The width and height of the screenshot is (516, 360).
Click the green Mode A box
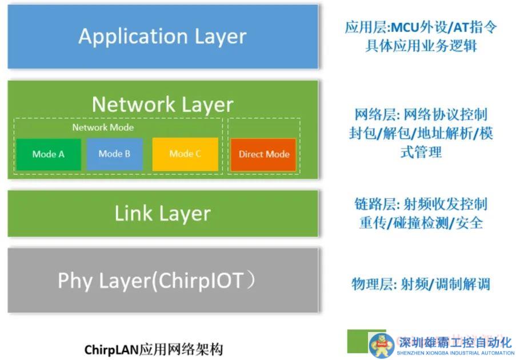[x=48, y=154]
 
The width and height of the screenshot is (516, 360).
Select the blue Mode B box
[x=114, y=154]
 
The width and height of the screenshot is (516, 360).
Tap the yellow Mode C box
[x=185, y=154]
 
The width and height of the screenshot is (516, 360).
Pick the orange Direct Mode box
[x=263, y=154]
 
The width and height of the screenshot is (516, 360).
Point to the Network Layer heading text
[x=162, y=105]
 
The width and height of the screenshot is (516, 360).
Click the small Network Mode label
[x=103, y=127]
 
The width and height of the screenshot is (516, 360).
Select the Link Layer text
[x=162, y=214]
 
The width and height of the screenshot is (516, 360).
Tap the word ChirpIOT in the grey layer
[x=199, y=281]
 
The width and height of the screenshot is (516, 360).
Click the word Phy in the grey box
[x=75, y=281]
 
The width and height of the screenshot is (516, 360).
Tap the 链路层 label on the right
[x=371, y=204]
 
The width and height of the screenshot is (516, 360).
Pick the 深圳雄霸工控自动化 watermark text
[x=455, y=342]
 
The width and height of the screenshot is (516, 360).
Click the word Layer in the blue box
[x=220, y=37]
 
